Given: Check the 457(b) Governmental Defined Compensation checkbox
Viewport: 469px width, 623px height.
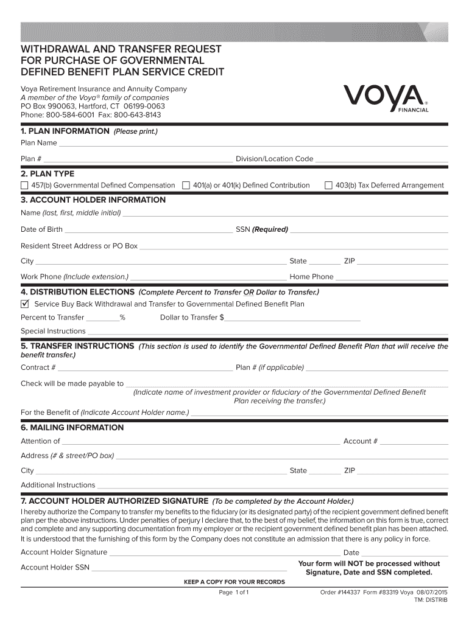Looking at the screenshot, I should [24, 185].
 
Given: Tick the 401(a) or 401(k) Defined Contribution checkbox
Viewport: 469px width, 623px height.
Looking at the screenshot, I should [186, 185].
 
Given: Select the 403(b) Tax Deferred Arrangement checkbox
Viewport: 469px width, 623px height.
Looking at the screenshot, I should [328, 185].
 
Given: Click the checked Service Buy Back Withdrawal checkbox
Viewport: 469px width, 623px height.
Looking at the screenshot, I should [25, 304].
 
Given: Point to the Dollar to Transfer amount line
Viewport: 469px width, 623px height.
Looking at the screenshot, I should [292, 319].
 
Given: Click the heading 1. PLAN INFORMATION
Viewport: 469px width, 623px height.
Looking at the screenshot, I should [65, 131].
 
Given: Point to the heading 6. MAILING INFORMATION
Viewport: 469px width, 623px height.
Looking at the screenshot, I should [72, 428].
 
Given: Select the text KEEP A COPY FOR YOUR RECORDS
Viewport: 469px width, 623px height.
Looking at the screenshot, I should [234, 582].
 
